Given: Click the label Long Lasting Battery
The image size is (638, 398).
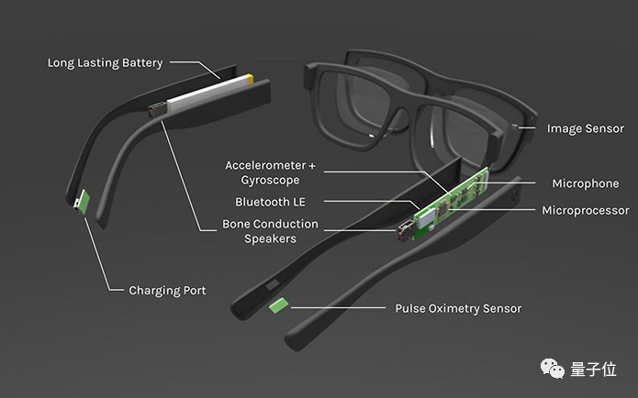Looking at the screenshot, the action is coord(105,63).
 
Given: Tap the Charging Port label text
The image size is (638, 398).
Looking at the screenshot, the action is coord(167,291).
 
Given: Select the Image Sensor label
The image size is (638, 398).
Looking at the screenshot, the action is coord(585,128).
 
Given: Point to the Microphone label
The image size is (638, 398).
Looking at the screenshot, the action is coord(586,183).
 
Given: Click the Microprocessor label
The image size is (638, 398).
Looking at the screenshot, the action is coord(586,211).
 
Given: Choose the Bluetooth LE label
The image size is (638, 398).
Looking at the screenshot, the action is coord(270,202).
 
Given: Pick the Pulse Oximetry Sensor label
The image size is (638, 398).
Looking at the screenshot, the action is coord(458,308).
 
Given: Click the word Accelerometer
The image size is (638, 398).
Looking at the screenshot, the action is coord(265,165).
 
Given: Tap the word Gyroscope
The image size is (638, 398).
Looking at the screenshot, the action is coord(270,180).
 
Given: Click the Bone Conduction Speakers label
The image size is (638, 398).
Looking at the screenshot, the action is coord(270,231).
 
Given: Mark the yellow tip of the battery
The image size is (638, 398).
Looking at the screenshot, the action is coord(249,79).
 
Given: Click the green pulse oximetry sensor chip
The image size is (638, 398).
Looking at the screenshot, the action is coord(279,305).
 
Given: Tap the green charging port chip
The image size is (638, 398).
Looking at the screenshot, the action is coord(84,202).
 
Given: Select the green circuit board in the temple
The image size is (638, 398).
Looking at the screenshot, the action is coord(451,204).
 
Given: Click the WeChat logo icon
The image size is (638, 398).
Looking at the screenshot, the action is coord(552,369).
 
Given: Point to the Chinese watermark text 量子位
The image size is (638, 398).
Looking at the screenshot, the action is coord(593,370).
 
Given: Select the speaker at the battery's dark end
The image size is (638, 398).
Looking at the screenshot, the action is coord(158,110).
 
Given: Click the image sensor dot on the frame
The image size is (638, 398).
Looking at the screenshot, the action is coord(514,127).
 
